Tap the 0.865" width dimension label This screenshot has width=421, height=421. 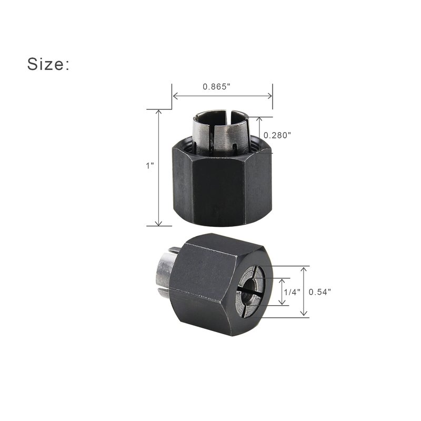pyautogui.click(x=217, y=87)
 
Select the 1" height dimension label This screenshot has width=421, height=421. pyautogui.click(x=150, y=166)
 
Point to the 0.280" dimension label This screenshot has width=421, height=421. pyautogui.click(x=277, y=135)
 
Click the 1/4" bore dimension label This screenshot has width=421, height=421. pyautogui.click(x=292, y=292)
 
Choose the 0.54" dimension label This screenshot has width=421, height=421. pyautogui.click(x=320, y=292)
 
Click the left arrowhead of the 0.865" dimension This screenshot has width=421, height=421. pyautogui.click(x=175, y=96)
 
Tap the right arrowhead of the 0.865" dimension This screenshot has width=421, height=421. pyautogui.click(x=269, y=96)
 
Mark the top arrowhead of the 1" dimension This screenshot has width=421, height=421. pyautogui.click(x=159, y=112)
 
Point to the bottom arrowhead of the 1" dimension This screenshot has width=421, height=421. pyautogui.click(x=159, y=223)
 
